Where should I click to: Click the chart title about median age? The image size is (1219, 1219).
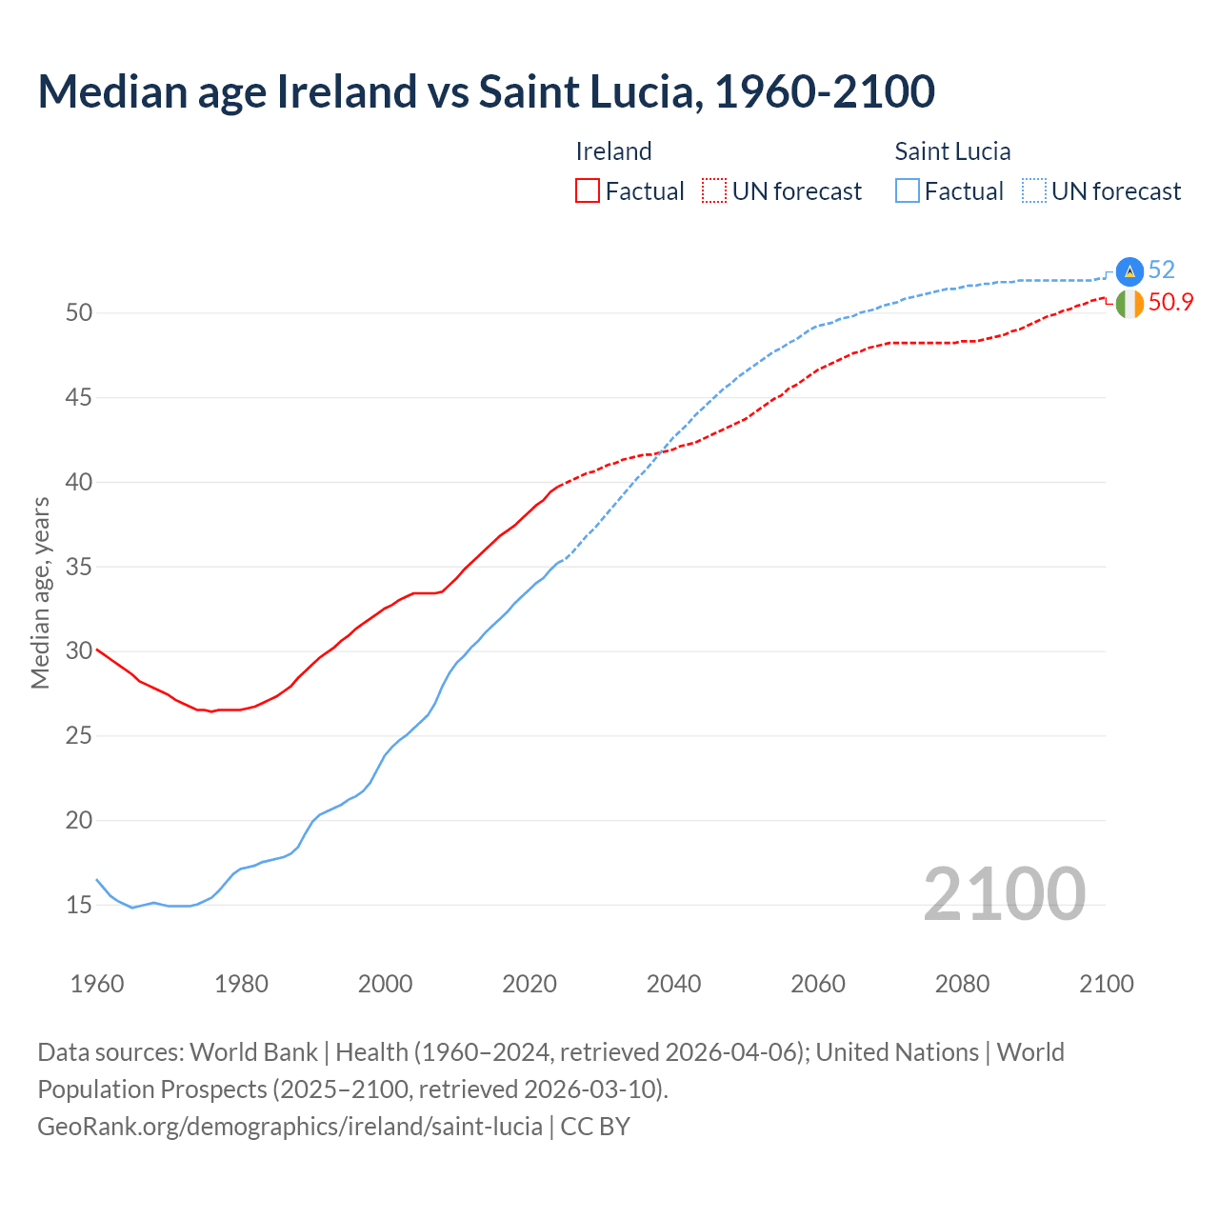pyautogui.click(x=486, y=92)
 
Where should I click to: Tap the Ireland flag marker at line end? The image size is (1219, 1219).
pyautogui.click(x=1129, y=304)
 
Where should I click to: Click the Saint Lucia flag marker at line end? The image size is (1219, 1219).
pyautogui.click(x=1129, y=271)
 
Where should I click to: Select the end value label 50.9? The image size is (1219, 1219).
pyautogui.click(x=1170, y=303)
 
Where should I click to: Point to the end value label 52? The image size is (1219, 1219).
pyautogui.click(x=1161, y=270)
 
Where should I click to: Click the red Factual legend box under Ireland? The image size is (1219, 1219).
pyautogui.click(x=588, y=191)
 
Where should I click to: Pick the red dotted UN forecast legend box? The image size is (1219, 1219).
pyautogui.click(x=714, y=191)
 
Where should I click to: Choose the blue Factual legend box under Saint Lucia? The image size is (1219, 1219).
pyautogui.click(x=908, y=191)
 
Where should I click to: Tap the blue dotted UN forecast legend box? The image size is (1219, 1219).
pyautogui.click(x=1033, y=191)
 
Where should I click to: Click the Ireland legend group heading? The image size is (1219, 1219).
pyautogui.click(x=613, y=151)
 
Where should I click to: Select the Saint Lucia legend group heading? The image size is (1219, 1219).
pyautogui.click(x=952, y=151)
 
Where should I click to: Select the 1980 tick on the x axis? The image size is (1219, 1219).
pyautogui.click(x=241, y=984)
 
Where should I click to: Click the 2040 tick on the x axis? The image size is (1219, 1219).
pyautogui.click(x=673, y=984)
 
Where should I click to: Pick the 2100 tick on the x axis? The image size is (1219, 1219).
pyautogui.click(x=1106, y=984)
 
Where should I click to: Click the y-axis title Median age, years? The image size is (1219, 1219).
pyautogui.click(x=41, y=592)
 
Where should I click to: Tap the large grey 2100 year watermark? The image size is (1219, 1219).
pyautogui.click(x=1004, y=893)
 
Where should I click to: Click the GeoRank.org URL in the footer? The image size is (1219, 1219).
pyautogui.click(x=290, y=1127)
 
